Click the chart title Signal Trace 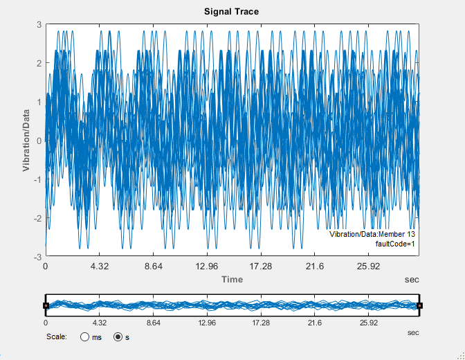point(232,12)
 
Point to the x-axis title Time point(232,279)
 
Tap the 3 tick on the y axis point(39,24)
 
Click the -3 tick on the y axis point(37,256)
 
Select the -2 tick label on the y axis point(37,218)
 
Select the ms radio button point(85,337)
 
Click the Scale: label point(56,337)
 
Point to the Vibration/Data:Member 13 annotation point(372,235)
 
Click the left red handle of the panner point(46,305)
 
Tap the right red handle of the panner point(419,305)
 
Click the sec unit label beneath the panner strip point(413,333)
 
